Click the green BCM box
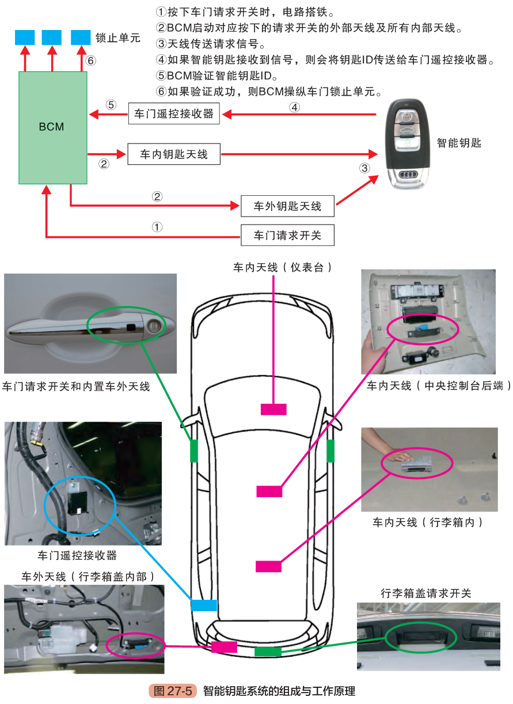pos(52,127)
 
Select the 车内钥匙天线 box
pos(174,154)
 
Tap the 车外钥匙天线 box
pos(287,206)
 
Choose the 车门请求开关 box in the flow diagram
pos(287,235)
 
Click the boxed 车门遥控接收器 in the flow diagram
pos(174,113)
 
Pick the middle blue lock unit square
pos(52,37)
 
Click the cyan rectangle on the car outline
pos(204,605)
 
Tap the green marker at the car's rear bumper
pos(268,652)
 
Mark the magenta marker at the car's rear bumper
pos(224,647)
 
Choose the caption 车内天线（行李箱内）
pos(427,523)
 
